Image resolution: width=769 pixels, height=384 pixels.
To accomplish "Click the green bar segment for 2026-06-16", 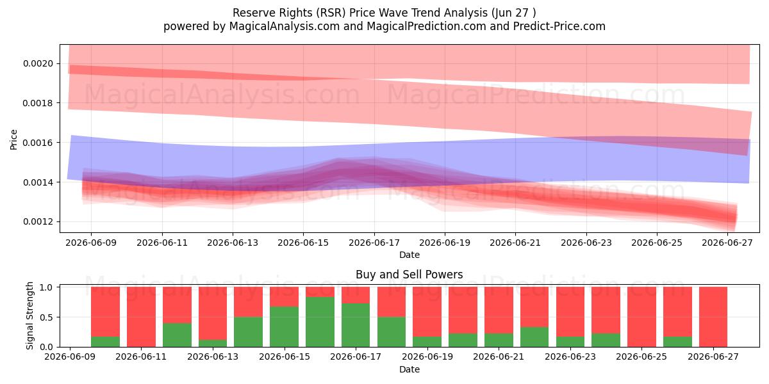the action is coord(320,322).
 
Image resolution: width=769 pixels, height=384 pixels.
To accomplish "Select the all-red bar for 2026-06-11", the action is coord(141,317).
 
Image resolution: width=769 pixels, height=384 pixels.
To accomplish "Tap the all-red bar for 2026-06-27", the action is coord(713,317).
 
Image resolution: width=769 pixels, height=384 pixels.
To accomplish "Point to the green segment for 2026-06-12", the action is coord(177,335).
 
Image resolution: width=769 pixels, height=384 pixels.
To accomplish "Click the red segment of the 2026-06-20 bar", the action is coord(463,310).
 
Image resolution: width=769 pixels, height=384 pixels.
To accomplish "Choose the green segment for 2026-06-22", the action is coord(534,337).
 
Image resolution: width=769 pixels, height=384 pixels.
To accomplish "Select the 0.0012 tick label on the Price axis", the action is coord(38,222).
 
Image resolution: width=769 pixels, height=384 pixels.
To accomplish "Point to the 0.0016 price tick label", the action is coord(38,143).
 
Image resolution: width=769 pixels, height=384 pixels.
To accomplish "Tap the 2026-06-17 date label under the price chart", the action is coord(374,243).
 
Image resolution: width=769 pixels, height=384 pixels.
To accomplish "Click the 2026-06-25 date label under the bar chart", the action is coord(641,356).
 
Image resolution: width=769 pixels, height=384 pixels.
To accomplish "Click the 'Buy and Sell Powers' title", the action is coord(409,275).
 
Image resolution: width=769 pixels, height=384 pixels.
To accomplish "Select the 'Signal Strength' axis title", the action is coord(30,316).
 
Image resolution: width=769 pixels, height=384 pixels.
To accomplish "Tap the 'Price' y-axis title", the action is coord(13,140).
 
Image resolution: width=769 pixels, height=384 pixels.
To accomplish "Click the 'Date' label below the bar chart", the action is coord(409,369).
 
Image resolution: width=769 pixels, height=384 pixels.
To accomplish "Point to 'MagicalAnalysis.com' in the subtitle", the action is coord(285,26).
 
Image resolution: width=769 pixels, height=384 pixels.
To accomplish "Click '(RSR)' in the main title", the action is coord(331,13).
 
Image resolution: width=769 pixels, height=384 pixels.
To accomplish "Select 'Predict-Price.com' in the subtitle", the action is coord(559,26).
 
